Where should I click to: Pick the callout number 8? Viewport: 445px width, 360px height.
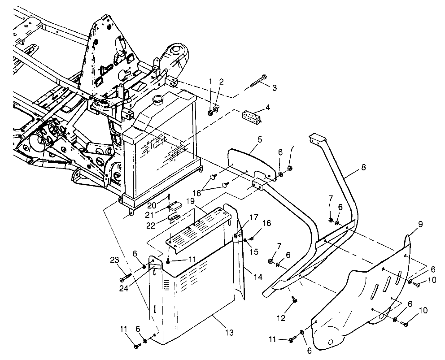pos(362,167)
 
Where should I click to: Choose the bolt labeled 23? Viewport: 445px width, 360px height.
pos(126,277)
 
